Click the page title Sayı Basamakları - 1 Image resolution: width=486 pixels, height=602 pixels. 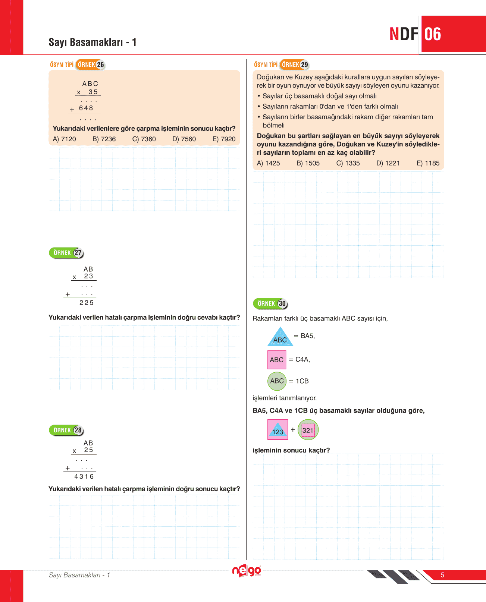point(93,42)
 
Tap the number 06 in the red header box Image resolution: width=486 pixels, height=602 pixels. point(433,34)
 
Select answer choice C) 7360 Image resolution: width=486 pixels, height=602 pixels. point(144,139)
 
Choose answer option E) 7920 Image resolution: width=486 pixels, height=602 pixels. point(224,139)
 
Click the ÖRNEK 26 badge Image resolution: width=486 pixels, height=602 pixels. point(91,64)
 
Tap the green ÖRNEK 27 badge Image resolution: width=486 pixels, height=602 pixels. point(66,253)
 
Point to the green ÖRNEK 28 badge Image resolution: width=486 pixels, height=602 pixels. point(66,430)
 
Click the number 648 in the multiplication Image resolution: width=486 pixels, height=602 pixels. point(86,108)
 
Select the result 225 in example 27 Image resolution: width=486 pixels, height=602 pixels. point(87,303)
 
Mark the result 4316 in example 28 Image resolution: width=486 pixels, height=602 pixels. point(84,476)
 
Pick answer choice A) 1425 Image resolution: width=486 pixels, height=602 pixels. point(268,163)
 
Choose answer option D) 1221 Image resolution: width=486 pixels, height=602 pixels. point(388,163)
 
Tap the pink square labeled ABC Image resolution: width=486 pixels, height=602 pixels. point(277,360)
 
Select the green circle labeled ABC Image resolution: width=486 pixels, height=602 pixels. point(277,381)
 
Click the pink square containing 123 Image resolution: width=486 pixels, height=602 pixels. point(278,429)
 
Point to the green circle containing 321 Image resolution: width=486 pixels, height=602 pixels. point(308,430)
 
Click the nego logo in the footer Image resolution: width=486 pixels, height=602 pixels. point(247,571)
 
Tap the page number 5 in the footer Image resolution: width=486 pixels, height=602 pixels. point(442,575)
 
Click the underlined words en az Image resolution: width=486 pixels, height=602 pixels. point(326,152)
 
